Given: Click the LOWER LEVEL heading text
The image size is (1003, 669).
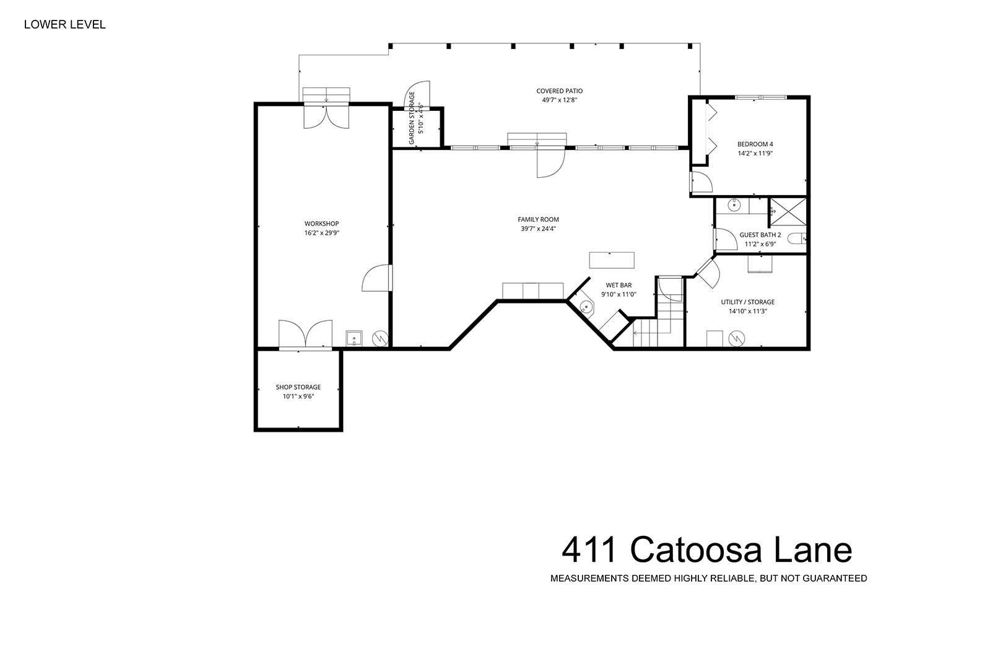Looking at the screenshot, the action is [65, 25].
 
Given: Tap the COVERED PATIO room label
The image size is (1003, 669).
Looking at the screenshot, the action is [560, 91].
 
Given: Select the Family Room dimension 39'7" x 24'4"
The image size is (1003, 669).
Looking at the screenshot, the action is [538, 229].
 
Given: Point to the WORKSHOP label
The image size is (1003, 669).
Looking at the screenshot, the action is [321, 224].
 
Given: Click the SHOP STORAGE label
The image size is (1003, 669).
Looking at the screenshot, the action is [298, 387].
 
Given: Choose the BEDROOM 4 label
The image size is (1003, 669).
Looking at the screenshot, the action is [755, 144].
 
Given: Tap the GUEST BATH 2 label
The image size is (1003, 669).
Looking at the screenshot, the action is [760, 235].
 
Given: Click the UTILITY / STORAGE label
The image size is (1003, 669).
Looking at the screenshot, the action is [748, 302].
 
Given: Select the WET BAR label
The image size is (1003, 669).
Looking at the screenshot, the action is [619, 285].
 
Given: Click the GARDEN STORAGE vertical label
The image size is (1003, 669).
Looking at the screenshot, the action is [412, 118].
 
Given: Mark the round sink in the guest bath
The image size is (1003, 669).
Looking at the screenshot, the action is [734, 206].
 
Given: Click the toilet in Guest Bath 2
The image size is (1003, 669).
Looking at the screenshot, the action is [797, 238].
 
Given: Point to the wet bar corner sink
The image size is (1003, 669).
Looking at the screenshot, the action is [585, 307].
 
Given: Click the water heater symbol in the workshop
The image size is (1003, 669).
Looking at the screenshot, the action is [381, 338].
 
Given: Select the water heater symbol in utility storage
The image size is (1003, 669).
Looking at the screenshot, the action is [737, 338].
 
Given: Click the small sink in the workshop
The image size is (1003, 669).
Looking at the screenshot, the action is [354, 338].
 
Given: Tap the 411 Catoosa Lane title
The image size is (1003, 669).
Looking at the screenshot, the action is [706, 550].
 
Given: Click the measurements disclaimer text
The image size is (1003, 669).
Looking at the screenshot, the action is [709, 579].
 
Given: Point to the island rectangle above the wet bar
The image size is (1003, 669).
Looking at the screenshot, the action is [612, 260].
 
